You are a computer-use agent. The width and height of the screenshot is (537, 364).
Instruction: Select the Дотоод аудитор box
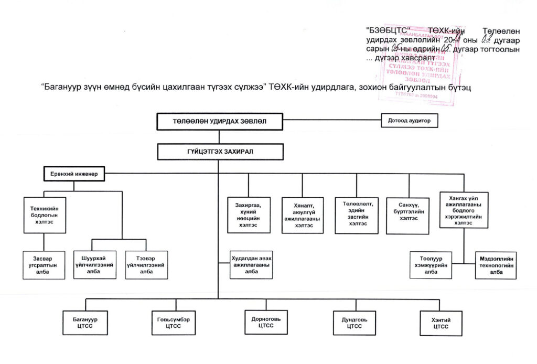pyautogui.click(x=409, y=121)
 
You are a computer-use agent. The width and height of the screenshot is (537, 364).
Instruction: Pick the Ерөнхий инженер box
pyautogui.click(x=74, y=174)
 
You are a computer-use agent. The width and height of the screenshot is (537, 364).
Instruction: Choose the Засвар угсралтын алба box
pyautogui.click(x=44, y=264)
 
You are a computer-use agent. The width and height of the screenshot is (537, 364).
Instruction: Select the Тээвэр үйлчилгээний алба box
pyautogui.click(x=146, y=264)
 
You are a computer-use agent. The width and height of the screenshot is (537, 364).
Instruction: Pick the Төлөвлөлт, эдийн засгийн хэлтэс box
pyautogui.click(x=357, y=215)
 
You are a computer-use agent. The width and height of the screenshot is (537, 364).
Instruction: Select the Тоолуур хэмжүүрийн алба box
pyautogui.click(x=431, y=264)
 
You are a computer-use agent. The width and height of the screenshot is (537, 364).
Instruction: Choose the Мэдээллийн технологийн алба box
pyautogui.click(x=496, y=264)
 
